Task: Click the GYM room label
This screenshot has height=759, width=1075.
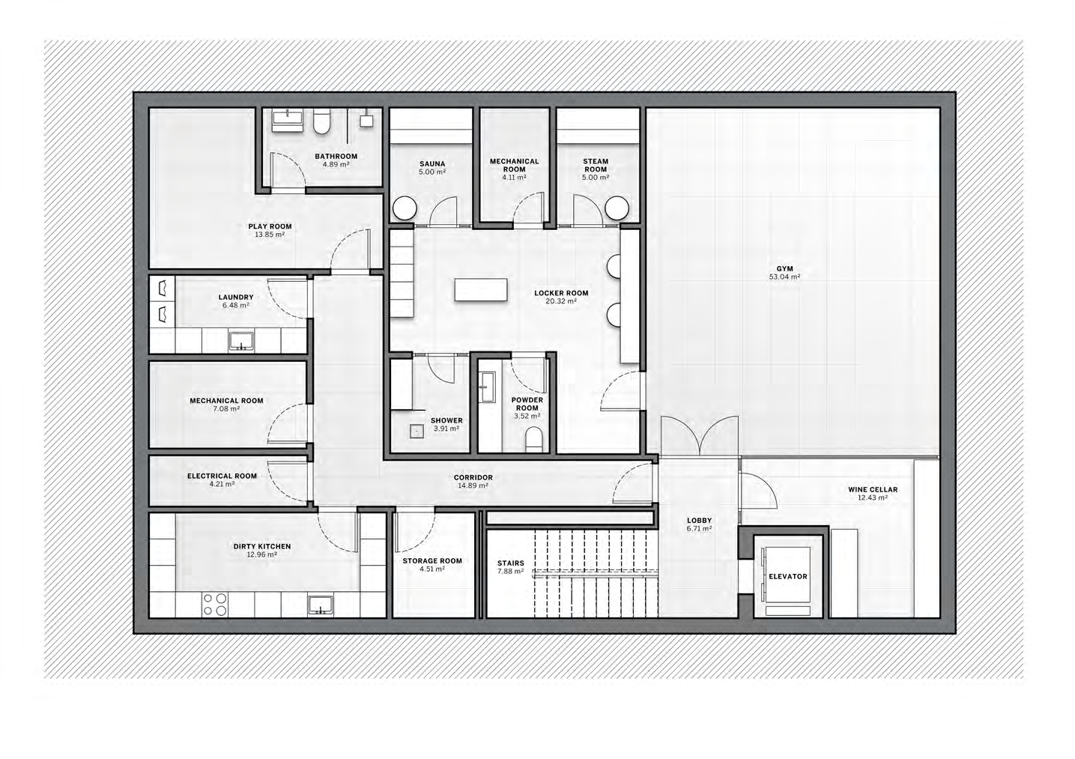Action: point(784,269)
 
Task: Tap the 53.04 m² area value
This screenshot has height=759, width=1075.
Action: point(784,277)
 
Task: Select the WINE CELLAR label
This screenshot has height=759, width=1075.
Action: point(873,490)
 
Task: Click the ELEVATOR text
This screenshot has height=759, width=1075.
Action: point(788,576)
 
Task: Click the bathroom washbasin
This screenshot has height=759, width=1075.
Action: point(288,120)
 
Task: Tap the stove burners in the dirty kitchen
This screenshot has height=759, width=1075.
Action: point(215,605)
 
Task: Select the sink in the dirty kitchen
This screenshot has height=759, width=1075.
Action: point(320,605)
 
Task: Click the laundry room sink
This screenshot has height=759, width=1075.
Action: point(241,341)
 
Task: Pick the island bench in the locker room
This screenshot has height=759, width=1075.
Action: point(481,289)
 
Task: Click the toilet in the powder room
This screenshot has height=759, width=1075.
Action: point(535,441)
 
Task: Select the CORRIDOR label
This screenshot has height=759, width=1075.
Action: point(473,477)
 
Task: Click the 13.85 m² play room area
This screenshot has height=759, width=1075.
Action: point(270,235)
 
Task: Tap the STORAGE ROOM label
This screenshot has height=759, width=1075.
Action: point(432,560)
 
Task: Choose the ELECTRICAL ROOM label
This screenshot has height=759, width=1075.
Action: point(222,476)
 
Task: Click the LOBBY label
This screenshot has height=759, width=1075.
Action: point(699,521)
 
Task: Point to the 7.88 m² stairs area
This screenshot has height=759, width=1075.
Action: point(511,571)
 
